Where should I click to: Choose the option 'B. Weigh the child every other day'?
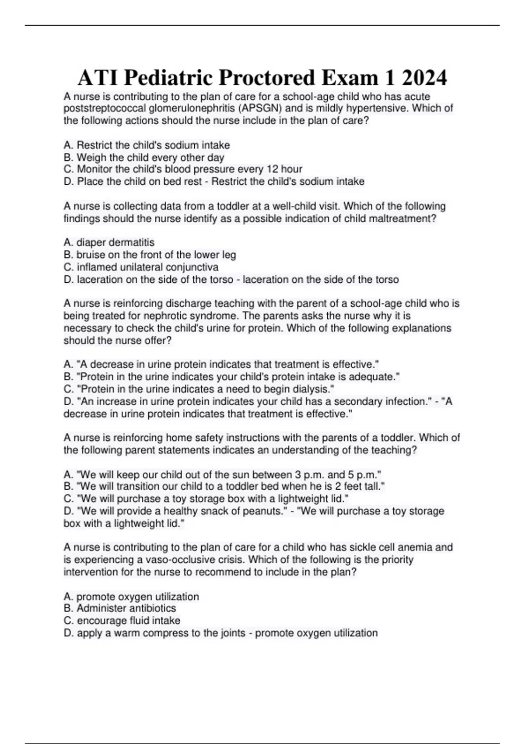[x=143, y=158]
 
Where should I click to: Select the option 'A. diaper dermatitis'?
[x=109, y=242]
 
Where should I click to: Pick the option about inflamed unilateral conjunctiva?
[x=141, y=267]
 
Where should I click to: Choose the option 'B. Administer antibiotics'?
[x=119, y=608]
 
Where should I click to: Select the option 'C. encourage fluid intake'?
[x=122, y=621]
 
